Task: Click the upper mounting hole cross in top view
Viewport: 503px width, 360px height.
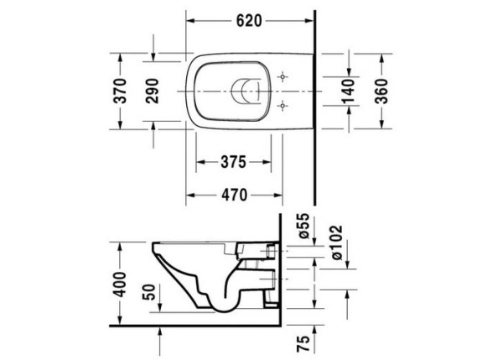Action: click(x=284, y=73)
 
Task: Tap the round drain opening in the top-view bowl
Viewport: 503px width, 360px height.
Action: click(x=244, y=89)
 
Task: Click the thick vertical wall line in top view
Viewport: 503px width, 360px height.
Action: click(x=314, y=109)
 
